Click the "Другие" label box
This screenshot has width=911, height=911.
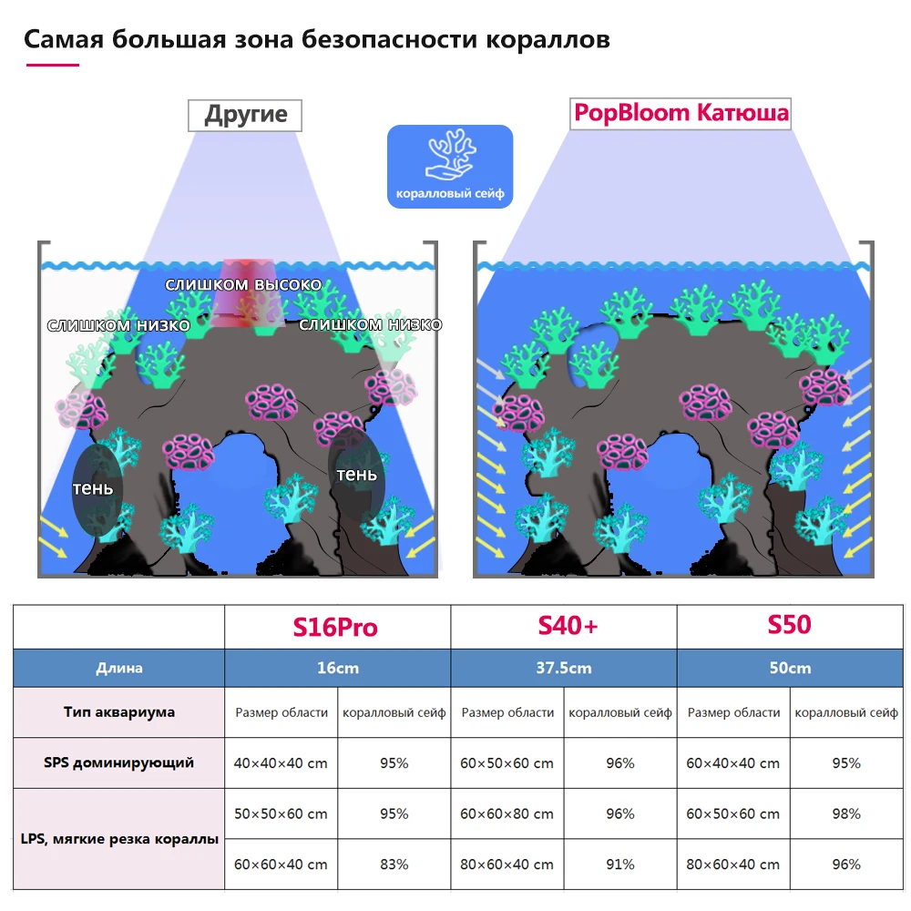click(x=245, y=115)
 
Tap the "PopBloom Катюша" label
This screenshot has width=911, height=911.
click(x=680, y=114)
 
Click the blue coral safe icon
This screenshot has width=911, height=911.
click(x=450, y=167)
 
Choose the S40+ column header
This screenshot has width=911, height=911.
click(x=563, y=626)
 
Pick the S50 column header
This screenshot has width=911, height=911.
click(x=789, y=626)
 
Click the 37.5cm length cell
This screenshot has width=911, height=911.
click(x=564, y=668)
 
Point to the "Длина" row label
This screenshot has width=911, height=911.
click(x=119, y=668)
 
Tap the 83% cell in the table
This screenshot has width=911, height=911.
click(x=394, y=864)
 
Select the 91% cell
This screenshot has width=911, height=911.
click(x=620, y=864)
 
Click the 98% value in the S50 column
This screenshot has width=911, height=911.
click(x=846, y=814)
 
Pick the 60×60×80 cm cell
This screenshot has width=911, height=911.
click(x=507, y=814)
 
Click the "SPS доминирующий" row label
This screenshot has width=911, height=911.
click(x=119, y=763)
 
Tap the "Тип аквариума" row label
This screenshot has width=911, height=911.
click(x=119, y=711)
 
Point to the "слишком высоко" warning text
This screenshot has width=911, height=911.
click(x=243, y=284)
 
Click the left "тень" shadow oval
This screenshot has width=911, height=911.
click(x=94, y=489)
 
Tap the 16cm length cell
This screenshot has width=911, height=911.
click(x=338, y=668)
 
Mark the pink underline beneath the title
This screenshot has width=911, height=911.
click(x=52, y=65)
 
